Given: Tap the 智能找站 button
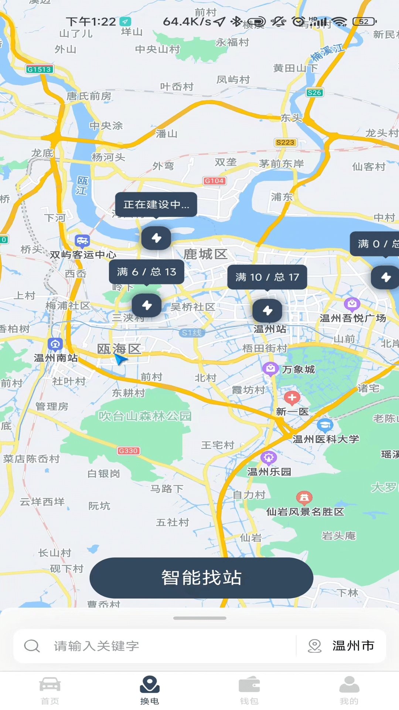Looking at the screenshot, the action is click(201, 578).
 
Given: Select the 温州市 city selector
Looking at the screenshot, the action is click(342, 646).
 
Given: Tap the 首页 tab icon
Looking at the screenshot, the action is click(50, 685).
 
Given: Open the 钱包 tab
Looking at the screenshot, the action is click(249, 690).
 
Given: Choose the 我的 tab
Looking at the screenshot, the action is click(349, 690).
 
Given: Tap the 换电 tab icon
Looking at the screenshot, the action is click(150, 685).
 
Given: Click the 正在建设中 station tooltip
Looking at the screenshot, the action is click(156, 204).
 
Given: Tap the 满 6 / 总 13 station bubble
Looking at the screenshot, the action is click(147, 272).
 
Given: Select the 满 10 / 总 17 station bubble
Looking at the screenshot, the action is click(267, 277).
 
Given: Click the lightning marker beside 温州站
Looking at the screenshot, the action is click(267, 311).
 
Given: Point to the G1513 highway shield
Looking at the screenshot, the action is click(40, 69).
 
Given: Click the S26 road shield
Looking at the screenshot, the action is click(314, 92).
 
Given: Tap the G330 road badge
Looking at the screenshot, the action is click(128, 451).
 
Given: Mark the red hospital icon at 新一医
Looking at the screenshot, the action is click(292, 398).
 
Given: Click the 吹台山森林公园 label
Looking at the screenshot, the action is click(145, 416).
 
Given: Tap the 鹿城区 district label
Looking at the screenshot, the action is click(205, 254).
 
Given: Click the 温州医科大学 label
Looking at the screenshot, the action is click(325, 439).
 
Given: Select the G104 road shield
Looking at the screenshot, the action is click(214, 181).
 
